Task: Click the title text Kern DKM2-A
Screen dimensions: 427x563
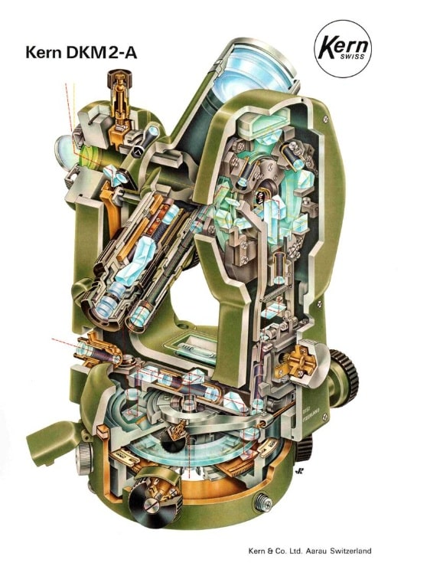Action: click(x=81, y=52)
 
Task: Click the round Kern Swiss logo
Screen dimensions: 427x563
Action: click(x=343, y=49)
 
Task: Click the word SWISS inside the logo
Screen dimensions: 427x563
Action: click(x=353, y=57)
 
